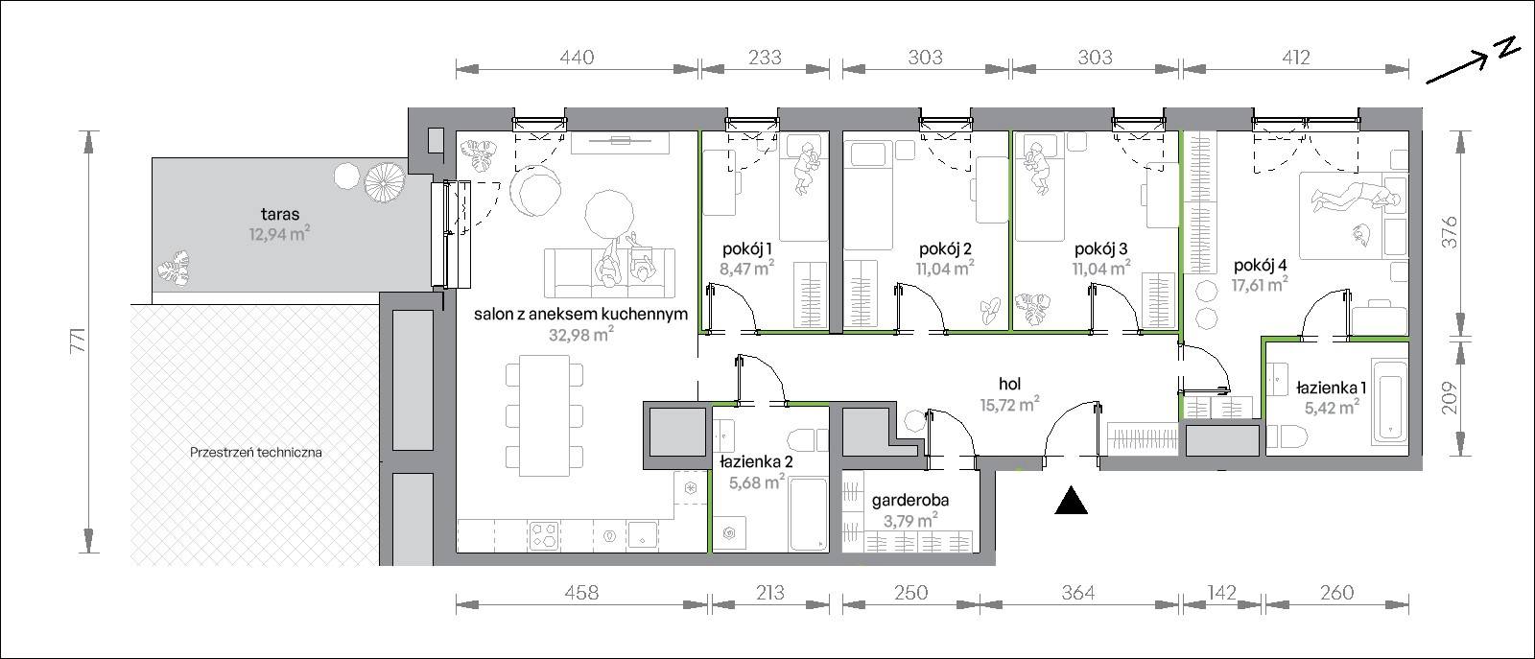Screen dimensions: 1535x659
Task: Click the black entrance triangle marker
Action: (1071, 501)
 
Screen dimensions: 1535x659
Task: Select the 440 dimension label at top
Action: (577, 58)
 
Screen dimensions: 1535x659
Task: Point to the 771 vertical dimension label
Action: (79, 341)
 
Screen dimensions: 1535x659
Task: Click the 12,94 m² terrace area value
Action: (279, 234)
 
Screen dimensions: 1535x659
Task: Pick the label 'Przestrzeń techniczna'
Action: (255, 452)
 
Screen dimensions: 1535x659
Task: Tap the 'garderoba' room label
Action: (910, 502)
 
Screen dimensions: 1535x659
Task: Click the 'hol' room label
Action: (1010, 385)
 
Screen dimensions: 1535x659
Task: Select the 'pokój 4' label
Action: (1261, 265)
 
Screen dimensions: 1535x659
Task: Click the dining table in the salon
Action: (544, 415)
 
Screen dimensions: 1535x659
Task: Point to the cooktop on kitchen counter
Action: (544, 536)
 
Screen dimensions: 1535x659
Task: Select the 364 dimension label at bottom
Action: (1077, 593)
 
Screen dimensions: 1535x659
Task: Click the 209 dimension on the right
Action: (1450, 398)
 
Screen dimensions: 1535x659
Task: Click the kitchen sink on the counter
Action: (643, 536)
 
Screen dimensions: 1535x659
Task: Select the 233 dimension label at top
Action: (765, 58)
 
